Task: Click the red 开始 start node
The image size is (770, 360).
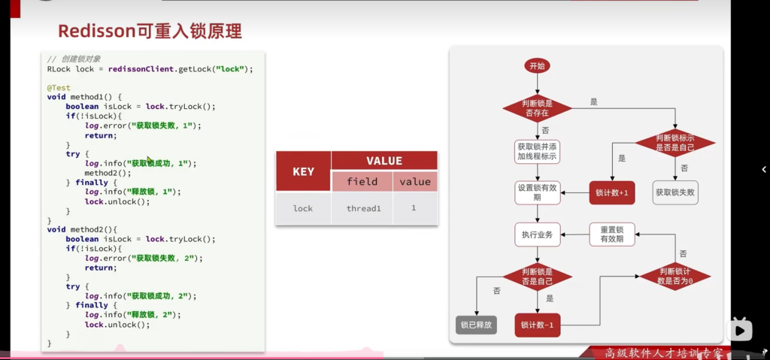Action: pyautogui.click(x=537, y=66)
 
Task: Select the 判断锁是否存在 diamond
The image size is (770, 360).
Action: pyautogui.click(x=537, y=107)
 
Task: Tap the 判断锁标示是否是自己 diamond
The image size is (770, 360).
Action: pyautogui.click(x=675, y=143)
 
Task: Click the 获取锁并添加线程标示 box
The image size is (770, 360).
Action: pyautogui.click(x=537, y=151)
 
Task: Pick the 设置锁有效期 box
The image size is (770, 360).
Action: pyautogui.click(x=537, y=192)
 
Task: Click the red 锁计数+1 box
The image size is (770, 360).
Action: pyautogui.click(x=611, y=192)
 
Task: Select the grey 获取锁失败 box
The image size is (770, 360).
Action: pyautogui.click(x=675, y=192)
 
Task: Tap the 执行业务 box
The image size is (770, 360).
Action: pyautogui.click(x=537, y=234)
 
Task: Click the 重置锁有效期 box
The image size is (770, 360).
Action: pyautogui.click(x=611, y=234)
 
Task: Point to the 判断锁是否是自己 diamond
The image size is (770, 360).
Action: pyautogui.click(x=537, y=277)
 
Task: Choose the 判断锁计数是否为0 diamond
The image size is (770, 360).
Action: pyautogui.click(x=675, y=276)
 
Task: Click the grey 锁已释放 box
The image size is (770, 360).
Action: pyautogui.click(x=475, y=325)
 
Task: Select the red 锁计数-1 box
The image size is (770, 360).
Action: pyautogui.click(x=537, y=325)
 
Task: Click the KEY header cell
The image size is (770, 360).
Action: pyautogui.click(x=303, y=172)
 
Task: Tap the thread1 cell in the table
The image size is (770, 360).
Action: pyautogui.click(x=363, y=208)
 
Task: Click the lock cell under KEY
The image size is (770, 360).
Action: pyautogui.click(x=303, y=208)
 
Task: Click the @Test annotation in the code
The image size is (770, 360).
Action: pyautogui.click(x=59, y=88)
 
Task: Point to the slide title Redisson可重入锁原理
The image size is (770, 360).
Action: pyautogui.click(x=150, y=32)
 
